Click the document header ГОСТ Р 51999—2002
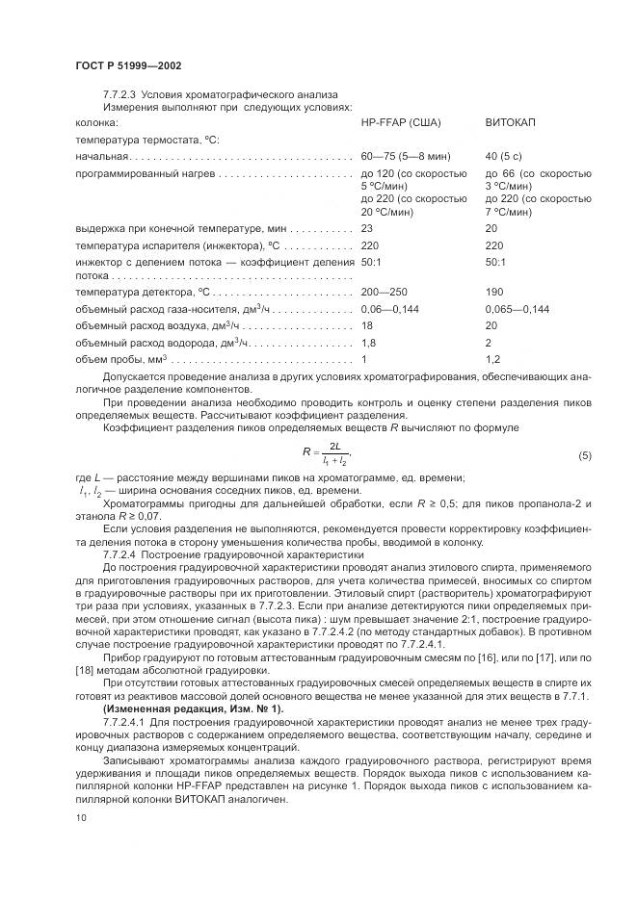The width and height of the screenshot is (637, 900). [x=128, y=64]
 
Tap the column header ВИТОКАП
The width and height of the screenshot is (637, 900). [x=511, y=123]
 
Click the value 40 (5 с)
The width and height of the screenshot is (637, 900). [x=505, y=156]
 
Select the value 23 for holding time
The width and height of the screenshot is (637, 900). [x=366, y=228]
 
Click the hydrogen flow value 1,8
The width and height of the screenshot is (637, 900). [x=368, y=343]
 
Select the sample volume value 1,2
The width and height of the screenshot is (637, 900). [x=492, y=359]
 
